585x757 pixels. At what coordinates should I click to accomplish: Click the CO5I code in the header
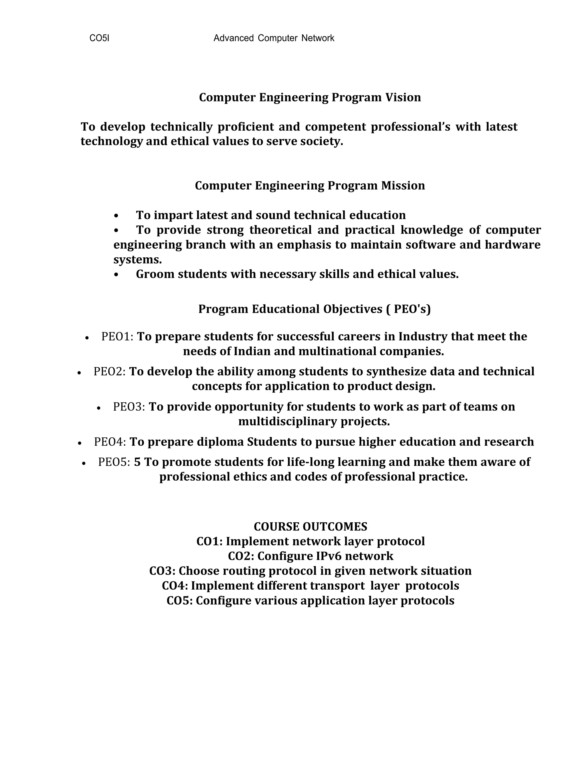click(99, 38)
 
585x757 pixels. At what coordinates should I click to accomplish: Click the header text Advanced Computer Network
click(273, 38)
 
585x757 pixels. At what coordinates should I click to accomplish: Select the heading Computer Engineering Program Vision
click(310, 97)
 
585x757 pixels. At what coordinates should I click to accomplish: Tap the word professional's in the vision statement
click(410, 127)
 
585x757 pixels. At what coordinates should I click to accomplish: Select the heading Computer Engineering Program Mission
click(310, 186)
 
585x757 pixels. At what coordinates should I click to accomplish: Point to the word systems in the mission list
click(137, 260)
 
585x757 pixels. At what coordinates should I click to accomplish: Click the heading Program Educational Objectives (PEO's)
click(314, 309)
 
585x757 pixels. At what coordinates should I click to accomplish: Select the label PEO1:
click(117, 337)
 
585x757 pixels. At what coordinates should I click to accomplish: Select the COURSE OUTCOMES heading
click(310, 527)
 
